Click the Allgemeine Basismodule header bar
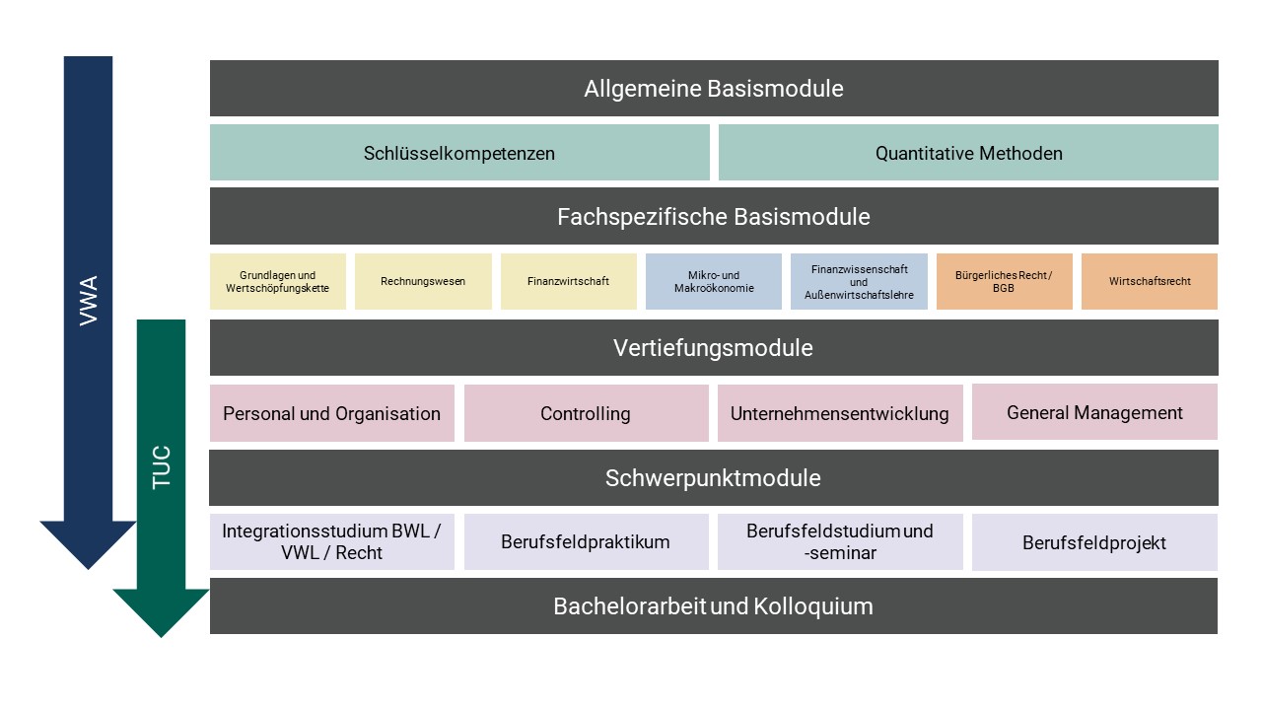[714, 89]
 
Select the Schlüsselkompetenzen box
[459, 153]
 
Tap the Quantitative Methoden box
[968, 153]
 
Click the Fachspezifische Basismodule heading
[714, 216]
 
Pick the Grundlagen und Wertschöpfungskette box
[278, 282]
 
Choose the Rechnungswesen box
[423, 282]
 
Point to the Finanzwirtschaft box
[569, 282]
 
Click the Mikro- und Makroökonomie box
[714, 282]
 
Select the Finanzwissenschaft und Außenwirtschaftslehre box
[859, 282]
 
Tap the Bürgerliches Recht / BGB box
[1004, 282]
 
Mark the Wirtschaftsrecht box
[1150, 282]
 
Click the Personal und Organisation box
[332, 413]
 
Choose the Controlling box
[586, 413]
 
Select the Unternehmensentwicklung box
[840, 413]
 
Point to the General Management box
[1094, 412]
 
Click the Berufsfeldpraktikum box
[586, 541]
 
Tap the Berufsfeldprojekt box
[1094, 542]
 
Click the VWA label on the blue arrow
[88, 302]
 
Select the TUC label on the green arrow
[162, 467]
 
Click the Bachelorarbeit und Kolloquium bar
[714, 605]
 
